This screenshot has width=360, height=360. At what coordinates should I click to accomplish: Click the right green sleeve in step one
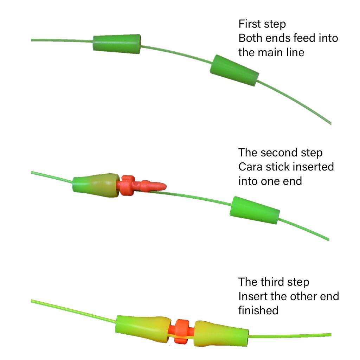tap(234, 71)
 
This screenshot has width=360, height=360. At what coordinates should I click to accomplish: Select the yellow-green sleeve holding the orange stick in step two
tap(96, 185)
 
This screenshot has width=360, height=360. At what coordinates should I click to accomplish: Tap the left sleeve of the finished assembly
tap(142, 329)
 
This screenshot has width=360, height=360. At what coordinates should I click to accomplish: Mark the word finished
tap(258, 310)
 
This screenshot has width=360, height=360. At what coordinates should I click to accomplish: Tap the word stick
tap(277, 167)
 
